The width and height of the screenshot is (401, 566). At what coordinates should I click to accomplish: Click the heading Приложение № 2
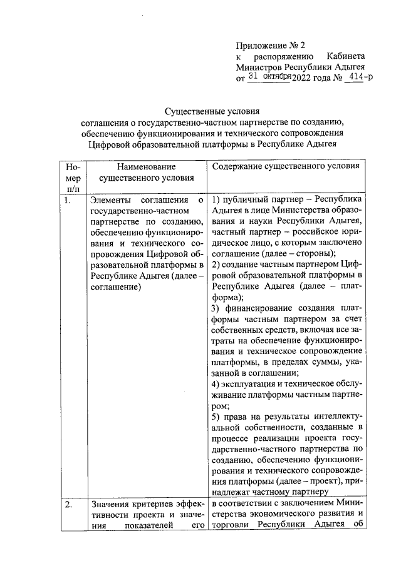tap(269, 45)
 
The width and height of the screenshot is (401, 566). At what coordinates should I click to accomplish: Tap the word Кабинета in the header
tap(346, 56)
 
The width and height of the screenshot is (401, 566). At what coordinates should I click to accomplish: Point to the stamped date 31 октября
tap(270, 77)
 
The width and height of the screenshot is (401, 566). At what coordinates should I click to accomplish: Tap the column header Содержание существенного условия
tap(285, 167)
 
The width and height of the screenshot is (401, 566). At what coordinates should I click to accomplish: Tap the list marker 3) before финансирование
tap(216, 308)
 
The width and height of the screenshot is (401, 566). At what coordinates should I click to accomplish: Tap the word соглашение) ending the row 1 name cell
tap(115, 286)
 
